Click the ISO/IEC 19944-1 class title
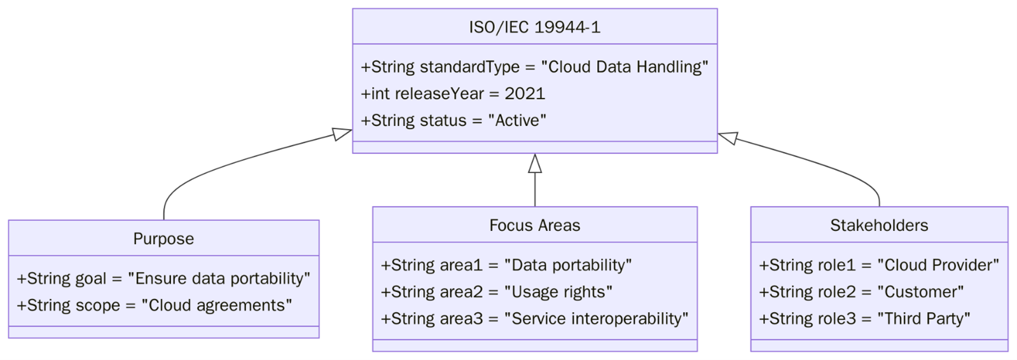(534, 27)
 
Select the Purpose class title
(163, 239)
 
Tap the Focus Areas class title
(534, 225)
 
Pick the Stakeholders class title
(878, 225)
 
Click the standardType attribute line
(534, 67)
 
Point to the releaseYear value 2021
(525, 93)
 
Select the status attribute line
(453, 120)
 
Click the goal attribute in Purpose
(163, 279)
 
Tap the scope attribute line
(155, 305)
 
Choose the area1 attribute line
(506, 265)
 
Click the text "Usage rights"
(558, 292)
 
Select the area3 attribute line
(534, 319)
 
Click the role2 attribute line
(861, 292)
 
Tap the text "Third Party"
(924, 319)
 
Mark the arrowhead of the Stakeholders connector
(728, 137)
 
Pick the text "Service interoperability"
(596, 319)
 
